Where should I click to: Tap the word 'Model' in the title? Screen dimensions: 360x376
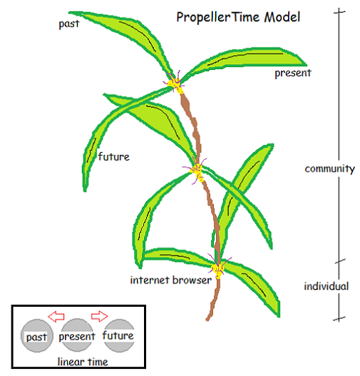tap(282, 17)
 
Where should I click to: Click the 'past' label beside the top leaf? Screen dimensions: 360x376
tap(69, 24)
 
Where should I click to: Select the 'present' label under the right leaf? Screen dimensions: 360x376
tap(293, 73)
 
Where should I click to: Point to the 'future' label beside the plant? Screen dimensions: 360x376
tap(114, 156)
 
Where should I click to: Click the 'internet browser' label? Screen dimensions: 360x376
tap(171, 280)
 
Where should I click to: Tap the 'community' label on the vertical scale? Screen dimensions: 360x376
tap(329, 169)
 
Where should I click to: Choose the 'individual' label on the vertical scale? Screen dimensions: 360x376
tap(326, 286)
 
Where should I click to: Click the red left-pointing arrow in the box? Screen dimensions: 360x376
tap(56, 316)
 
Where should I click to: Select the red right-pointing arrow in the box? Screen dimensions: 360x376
tap(99, 316)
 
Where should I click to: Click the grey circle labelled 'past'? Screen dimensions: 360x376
tap(36, 336)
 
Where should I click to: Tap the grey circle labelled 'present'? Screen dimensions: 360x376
tap(77, 335)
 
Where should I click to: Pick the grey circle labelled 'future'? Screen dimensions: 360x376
tap(118, 335)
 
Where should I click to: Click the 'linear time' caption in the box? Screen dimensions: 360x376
tap(83, 362)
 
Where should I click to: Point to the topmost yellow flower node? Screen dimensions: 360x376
tap(175, 84)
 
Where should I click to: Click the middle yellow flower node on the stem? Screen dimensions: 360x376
tap(197, 171)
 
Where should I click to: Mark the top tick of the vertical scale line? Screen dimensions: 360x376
tap(339, 11)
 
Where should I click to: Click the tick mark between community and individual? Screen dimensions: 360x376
tap(339, 261)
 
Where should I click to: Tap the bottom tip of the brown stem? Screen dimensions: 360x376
tap(207, 320)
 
